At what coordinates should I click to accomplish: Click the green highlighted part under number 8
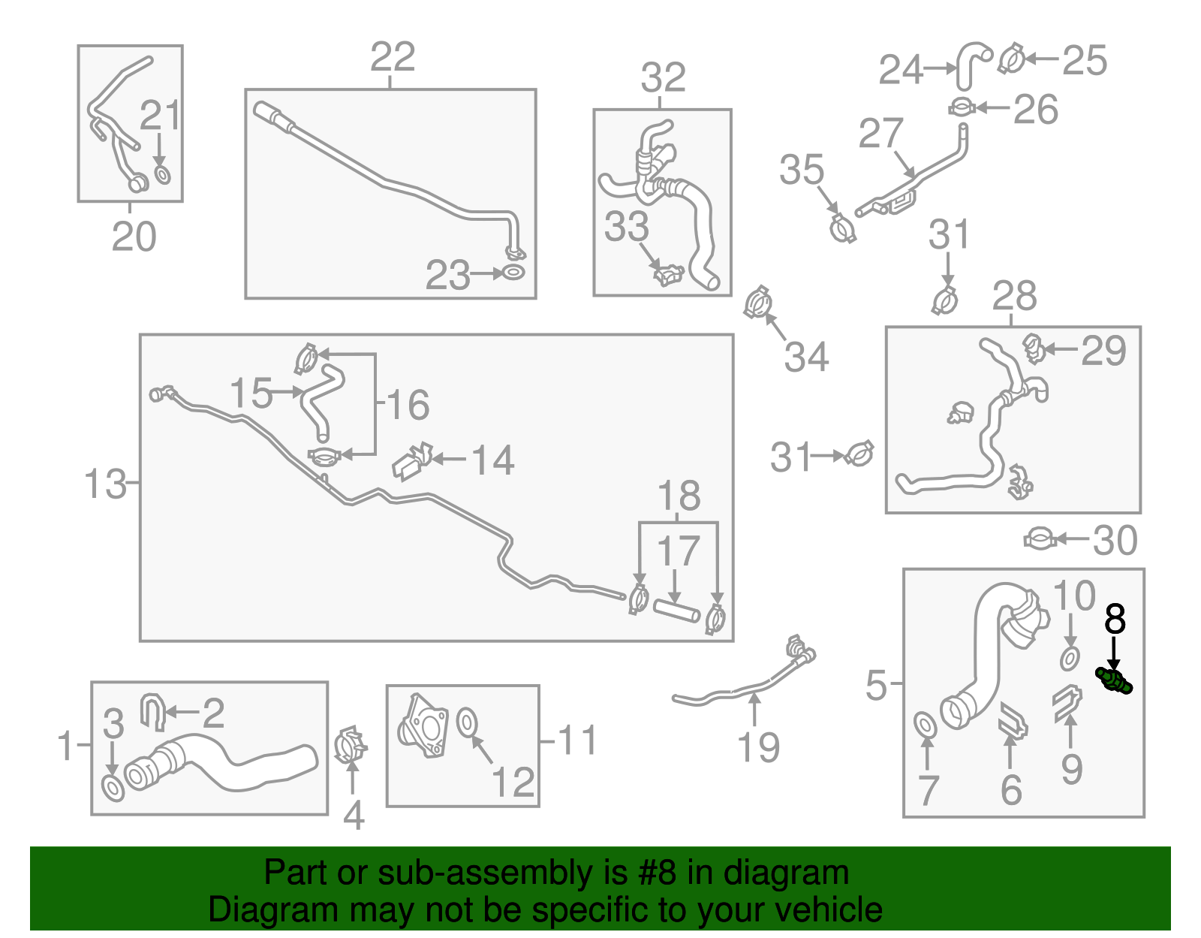coord(1115,681)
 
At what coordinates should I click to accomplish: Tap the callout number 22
coord(393,57)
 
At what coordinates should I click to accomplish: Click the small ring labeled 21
coord(162,175)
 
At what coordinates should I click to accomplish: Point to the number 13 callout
coord(105,484)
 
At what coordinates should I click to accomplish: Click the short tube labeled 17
coord(676,611)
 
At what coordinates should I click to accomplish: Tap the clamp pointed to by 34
coord(758,303)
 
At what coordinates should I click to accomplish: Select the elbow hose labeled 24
coord(972,64)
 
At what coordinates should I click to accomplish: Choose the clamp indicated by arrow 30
coord(1040,538)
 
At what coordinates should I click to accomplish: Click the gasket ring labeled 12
coord(466,721)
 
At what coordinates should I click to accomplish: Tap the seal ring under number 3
coord(113,789)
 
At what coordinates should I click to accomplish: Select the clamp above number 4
coord(351,745)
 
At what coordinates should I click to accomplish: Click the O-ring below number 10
coord(1070,659)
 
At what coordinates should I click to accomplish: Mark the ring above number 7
coord(926,725)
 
